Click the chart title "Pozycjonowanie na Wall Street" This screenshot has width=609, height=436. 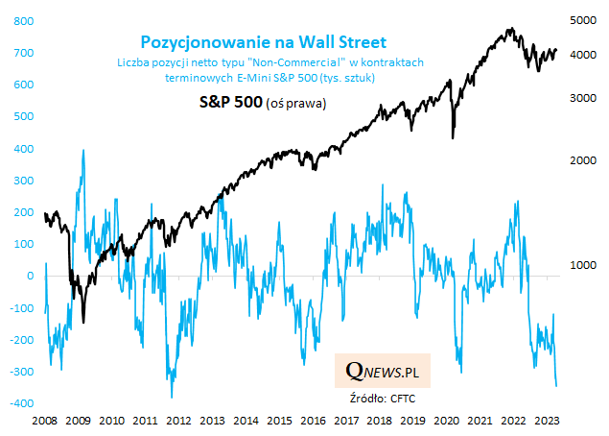264,42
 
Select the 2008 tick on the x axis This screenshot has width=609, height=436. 45,421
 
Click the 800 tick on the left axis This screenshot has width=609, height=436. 18,20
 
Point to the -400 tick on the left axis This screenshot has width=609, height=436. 16,403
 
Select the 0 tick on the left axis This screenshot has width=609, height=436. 24,276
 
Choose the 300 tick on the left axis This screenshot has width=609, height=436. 18,180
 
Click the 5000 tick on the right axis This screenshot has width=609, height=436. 583,20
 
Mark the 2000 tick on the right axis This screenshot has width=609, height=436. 583,160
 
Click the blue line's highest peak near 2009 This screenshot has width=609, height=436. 83,151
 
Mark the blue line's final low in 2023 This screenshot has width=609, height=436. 556,386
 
